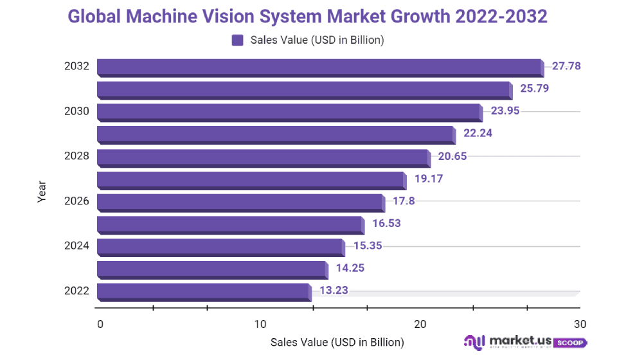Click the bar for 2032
click(319, 67)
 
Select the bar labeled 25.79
click(304, 89)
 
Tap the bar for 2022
click(203, 291)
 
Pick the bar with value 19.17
click(251, 179)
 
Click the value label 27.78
click(567, 66)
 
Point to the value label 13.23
click(334, 291)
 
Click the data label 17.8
click(404, 201)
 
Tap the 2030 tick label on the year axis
click(76, 111)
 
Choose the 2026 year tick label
click(76, 201)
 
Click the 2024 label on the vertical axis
click(76, 246)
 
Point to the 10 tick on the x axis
click(260, 323)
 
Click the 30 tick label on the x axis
click(580, 323)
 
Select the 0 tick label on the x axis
click(100, 323)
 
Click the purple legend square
click(237, 40)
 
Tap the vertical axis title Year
click(42, 192)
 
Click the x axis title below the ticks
click(337, 342)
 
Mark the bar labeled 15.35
click(220, 247)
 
